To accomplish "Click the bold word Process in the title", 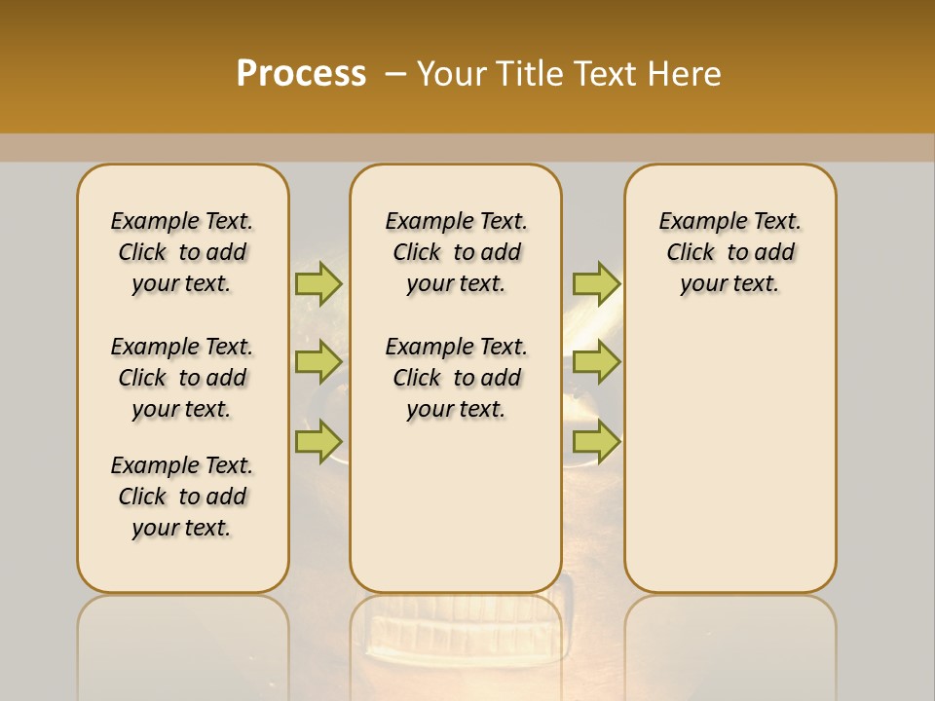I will pyautogui.click(x=301, y=74).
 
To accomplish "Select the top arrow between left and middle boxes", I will pyautogui.click(x=318, y=283).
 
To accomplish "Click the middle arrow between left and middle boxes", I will pyautogui.click(x=318, y=362).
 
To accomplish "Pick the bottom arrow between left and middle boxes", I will pyautogui.click(x=318, y=442).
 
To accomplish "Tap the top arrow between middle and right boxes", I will pyautogui.click(x=596, y=283).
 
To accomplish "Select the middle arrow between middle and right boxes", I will pyautogui.click(x=596, y=362).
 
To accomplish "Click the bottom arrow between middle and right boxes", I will pyautogui.click(x=596, y=442).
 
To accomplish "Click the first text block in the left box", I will pyautogui.click(x=182, y=252).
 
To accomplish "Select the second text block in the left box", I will pyautogui.click(x=182, y=378).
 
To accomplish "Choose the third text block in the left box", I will pyautogui.click(x=182, y=497).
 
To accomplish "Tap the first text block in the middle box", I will pyautogui.click(x=456, y=252).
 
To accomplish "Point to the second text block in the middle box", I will pyautogui.click(x=456, y=378).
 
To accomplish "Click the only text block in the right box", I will pyautogui.click(x=729, y=252).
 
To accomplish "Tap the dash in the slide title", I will pyautogui.click(x=395, y=74).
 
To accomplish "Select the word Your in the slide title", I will pyautogui.click(x=451, y=74).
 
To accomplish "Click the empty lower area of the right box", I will pyautogui.click(x=729, y=467).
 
